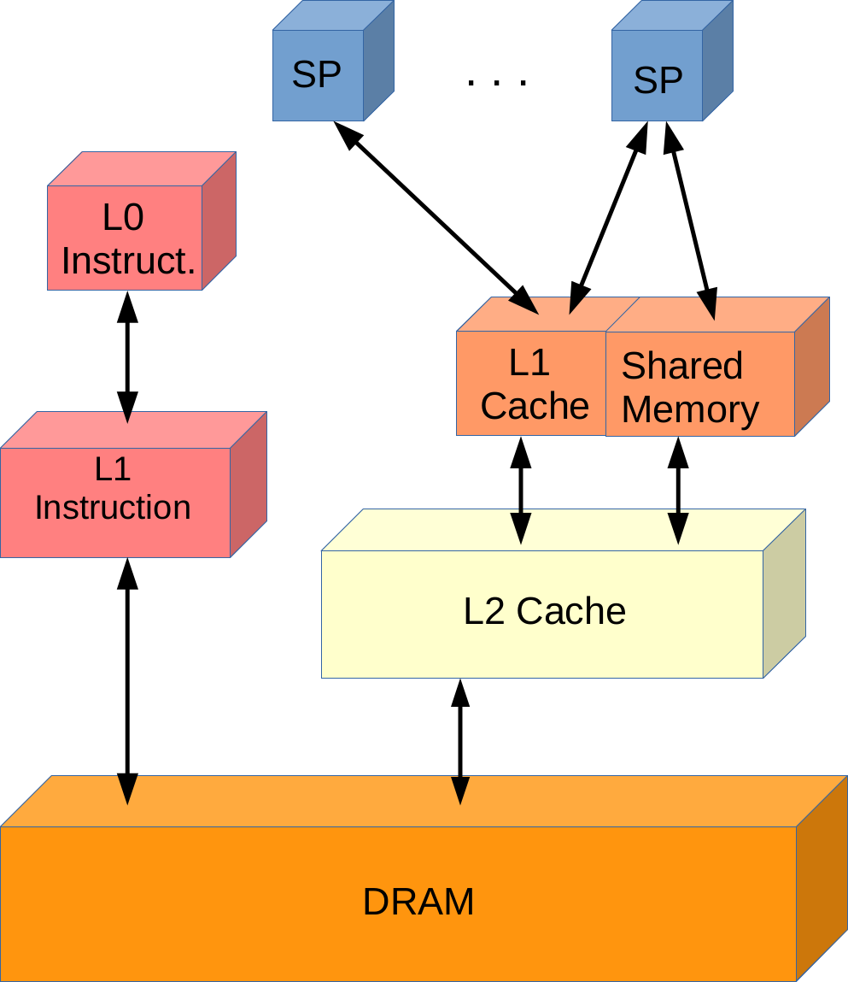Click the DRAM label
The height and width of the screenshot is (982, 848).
(x=418, y=903)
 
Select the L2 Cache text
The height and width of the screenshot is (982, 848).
(x=545, y=612)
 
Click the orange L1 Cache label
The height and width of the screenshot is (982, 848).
(x=535, y=385)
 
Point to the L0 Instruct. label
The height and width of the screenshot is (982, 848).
(x=127, y=239)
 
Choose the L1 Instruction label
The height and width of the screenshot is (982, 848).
(x=113, y=488)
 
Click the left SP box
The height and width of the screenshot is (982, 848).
(x=318, y=76)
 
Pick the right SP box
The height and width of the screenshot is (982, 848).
(x=658, y=80)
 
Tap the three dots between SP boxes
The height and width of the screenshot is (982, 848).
(x=497, y=81)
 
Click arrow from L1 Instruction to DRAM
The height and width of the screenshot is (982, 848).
(x=127, y=680)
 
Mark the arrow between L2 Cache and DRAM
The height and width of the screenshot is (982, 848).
(x=460, y=741)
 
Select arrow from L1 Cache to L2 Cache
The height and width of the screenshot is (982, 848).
(x=520, y=490)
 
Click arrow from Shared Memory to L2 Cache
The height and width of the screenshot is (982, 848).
(x=679, y=490)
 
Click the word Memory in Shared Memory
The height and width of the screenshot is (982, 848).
(x=690, y=409)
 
